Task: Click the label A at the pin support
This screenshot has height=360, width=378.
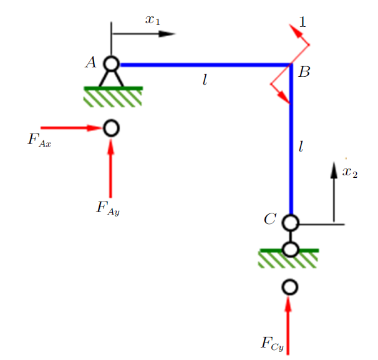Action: coord(91,62)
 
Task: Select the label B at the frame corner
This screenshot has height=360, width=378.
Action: coord(304,72)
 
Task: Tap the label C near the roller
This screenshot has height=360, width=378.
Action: coord(269,219)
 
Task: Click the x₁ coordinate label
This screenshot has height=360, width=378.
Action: coord(153,20)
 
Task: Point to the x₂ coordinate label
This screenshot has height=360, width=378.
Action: coord(350,172)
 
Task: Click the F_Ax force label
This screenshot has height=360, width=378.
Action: coord(39,140)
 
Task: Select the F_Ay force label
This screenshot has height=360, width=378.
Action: coord(108,208)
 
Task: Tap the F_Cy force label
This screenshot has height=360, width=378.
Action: coord(273,344)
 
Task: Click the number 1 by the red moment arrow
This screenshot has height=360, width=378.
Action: coord(303,22)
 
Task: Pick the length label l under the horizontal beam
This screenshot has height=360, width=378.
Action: coord(205,80)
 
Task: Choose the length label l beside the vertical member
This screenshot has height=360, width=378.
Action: coord(301,147)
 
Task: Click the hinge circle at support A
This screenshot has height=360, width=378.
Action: coord(112,64)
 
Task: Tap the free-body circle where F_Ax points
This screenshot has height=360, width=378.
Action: coord(112,128)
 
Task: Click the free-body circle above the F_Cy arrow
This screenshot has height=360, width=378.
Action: coord(290,287)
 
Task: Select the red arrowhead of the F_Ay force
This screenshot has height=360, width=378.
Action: coord(110,147)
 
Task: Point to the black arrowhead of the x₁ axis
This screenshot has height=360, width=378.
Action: coord(167,34)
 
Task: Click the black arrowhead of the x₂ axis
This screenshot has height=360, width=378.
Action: coord(334,170)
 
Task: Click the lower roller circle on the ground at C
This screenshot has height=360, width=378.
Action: coord(291,249)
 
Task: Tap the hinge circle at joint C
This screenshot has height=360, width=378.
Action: coord(291,223)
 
